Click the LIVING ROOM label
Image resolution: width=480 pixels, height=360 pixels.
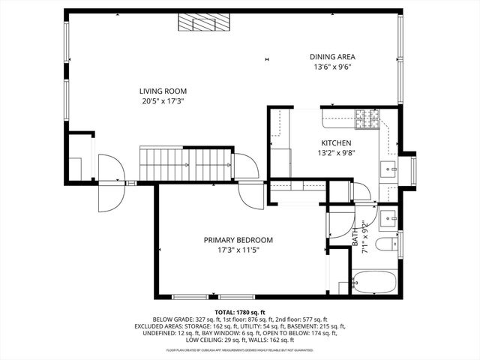pyautogui.click(x=163, y=91)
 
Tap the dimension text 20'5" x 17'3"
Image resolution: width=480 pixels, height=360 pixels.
pyautogui.click(x=163, y=101)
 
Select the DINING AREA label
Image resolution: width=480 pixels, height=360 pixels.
pyautogui.click(x=333, y=56)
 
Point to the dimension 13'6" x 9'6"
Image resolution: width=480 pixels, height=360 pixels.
pyautogui.click(x=333, y=67)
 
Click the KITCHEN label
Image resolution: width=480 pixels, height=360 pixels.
pyautogui.click(x=336, y=142)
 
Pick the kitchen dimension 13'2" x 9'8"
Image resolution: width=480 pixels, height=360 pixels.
pyautogui.click(x=336, y=153)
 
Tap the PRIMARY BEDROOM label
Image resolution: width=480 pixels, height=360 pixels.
pyautogui.click(x=238, y=240)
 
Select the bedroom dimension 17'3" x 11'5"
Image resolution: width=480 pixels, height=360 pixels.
pyautogui.click(x=238, y=250)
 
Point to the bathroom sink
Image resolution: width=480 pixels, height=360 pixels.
pyautogui.click(x=388, y=218)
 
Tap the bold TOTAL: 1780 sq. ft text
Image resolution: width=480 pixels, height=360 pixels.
pyautogui.click(x=240, y=311)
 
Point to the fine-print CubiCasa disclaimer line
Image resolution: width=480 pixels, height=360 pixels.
pyautogui.click(x=240, y=349)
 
